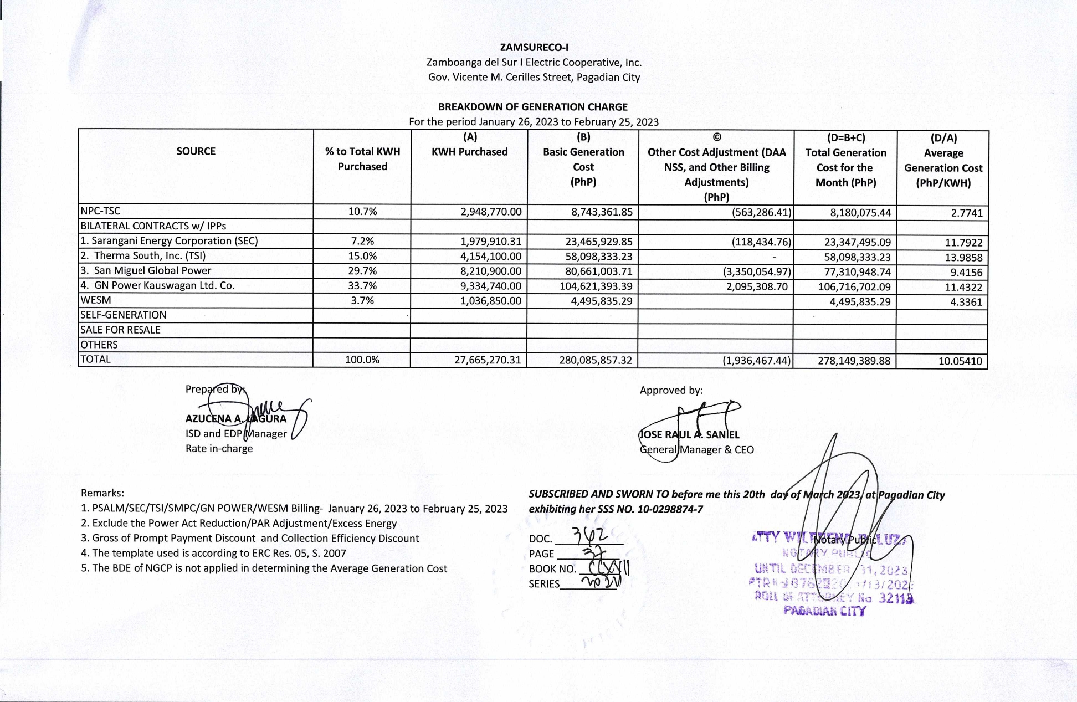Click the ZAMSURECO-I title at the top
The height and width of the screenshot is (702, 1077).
[534, 47]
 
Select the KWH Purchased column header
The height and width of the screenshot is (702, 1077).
[469, 152]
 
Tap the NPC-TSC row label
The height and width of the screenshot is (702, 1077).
[100, 211]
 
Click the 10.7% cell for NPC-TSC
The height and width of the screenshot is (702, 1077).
[362, 211]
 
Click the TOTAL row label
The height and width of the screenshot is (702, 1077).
[96, 359]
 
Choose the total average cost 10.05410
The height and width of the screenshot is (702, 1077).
[960, 361]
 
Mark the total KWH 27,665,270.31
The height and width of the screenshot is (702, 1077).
[488, 360]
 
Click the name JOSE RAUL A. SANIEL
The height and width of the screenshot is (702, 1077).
[689, 435]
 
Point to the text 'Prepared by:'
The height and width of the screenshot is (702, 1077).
[215, 390]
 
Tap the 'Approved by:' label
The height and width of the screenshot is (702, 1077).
[671, 390]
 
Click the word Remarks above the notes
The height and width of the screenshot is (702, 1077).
[102, 493]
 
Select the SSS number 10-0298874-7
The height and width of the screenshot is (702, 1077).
[670, 509]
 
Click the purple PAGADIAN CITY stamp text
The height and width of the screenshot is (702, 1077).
[824, 611]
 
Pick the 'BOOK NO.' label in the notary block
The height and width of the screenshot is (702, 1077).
[552, 569]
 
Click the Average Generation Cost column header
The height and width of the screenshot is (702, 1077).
[943, 161]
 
